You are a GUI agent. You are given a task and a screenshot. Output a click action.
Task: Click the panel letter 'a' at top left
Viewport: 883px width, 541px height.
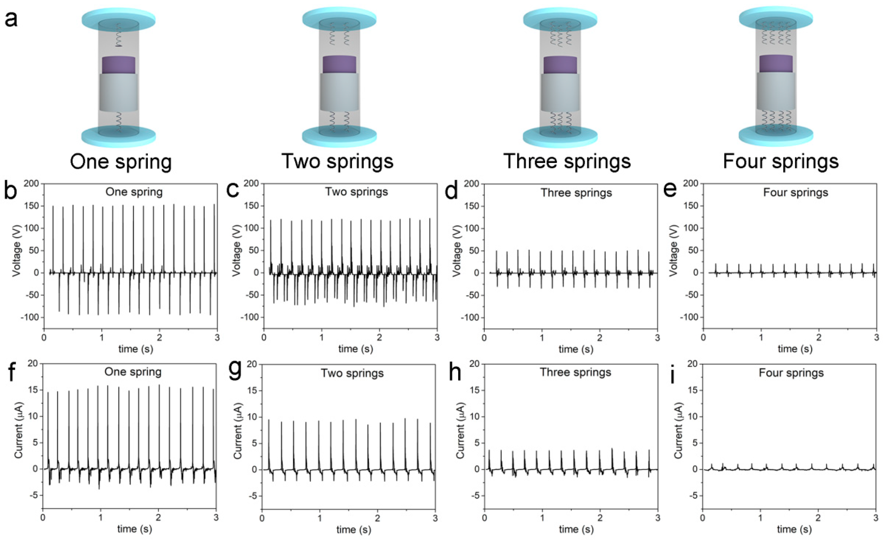point(11,19)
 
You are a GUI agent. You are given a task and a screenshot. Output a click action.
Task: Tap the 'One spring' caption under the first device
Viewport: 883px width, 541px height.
point(121,162)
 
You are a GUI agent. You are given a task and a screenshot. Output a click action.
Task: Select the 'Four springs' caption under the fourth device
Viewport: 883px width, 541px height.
point(781,162)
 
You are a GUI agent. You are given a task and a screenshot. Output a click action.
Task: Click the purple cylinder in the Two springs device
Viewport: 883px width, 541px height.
point(339,64)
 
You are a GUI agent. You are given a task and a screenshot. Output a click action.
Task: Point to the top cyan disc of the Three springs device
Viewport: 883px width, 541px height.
point(560,19)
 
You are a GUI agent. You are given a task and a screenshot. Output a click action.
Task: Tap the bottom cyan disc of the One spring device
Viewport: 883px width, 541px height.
point(119,137)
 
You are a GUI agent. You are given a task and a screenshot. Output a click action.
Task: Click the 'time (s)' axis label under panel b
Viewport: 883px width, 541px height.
point(135,349)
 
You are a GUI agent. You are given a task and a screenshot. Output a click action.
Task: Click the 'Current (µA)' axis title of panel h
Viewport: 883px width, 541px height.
point(460,430)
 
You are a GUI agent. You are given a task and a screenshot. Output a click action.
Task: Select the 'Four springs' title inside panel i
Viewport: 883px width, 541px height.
point(791,373)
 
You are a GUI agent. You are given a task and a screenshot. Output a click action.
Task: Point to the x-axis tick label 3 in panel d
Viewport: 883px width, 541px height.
point(657,338)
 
